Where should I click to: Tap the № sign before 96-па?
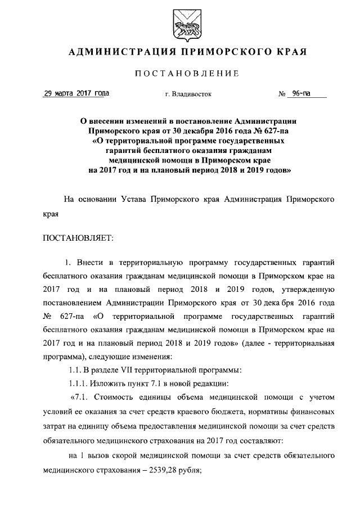[x=283, y=94]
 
